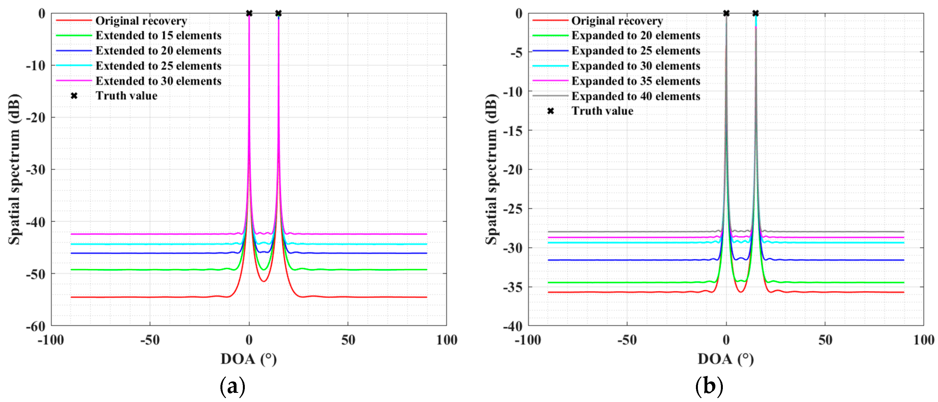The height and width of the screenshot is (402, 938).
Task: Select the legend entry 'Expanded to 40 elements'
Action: pos(635,96)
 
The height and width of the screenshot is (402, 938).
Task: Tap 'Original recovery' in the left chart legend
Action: pos(141,21)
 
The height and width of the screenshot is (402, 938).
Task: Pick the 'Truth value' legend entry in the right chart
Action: pos(602,111)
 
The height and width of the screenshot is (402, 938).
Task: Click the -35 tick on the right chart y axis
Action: pos(513,287)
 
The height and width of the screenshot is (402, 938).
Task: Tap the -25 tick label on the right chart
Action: pos(513,209)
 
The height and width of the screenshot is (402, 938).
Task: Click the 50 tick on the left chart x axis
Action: pos(348,340)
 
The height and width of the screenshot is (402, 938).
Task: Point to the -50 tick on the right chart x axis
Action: pos(627,340)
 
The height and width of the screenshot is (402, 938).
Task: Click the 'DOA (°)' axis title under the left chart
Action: pos(249,359)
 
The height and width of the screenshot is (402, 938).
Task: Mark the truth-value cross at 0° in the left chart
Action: pos(249,14)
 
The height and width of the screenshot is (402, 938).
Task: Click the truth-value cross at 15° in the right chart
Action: pos(756,14)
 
